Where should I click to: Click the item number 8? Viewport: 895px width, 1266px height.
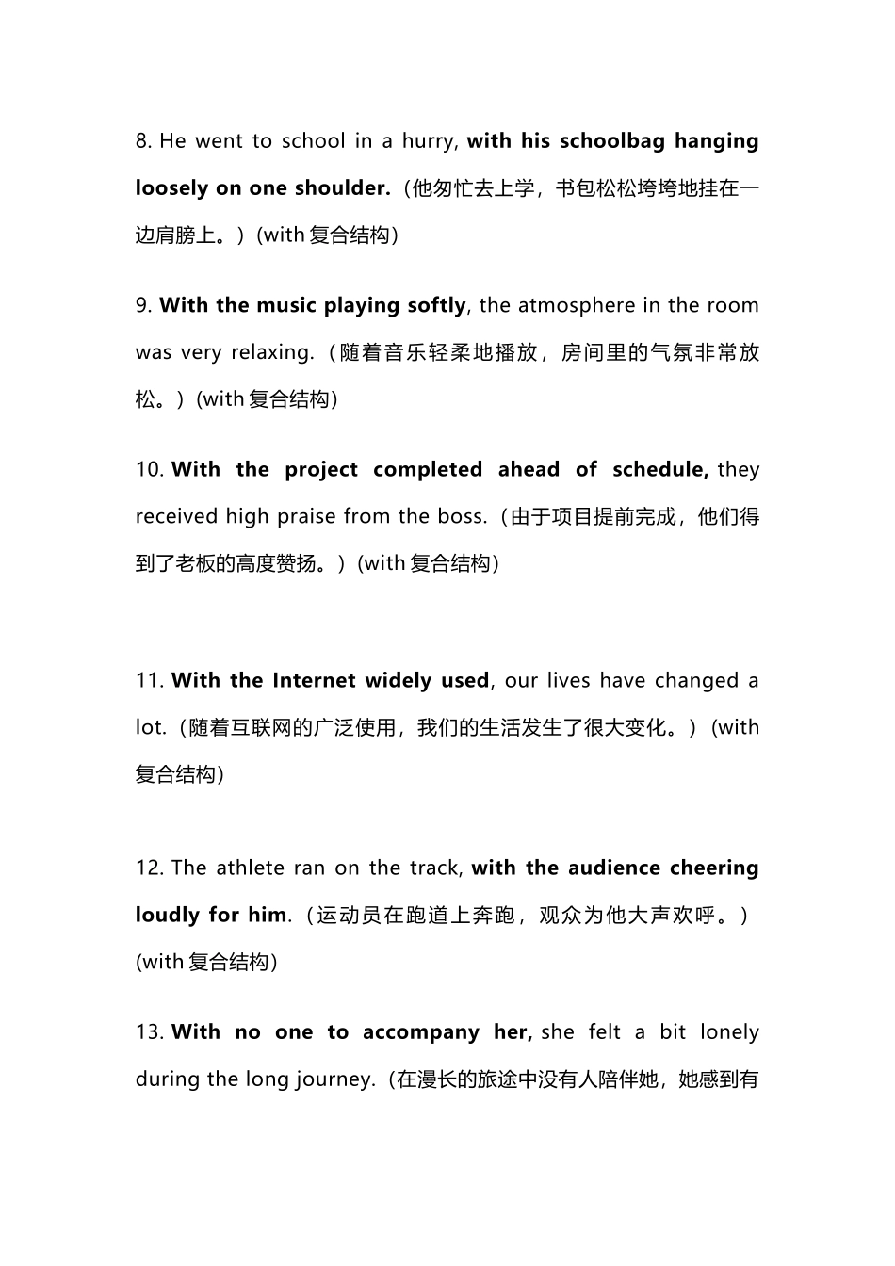[x=142, y=141]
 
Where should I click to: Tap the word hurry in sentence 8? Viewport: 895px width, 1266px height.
[x=429, y=141]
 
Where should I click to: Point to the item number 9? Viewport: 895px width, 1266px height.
[x=142, y=305]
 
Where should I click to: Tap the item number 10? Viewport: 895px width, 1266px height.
[x=149, y=469]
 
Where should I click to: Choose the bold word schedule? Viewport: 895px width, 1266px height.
[x=659, y=469]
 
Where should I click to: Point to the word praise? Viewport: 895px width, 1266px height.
[x=300, y=516]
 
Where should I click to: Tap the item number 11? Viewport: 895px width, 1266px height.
[x=149, y=680]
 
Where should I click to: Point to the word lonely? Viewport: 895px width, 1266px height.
[x=730, y=1032]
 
